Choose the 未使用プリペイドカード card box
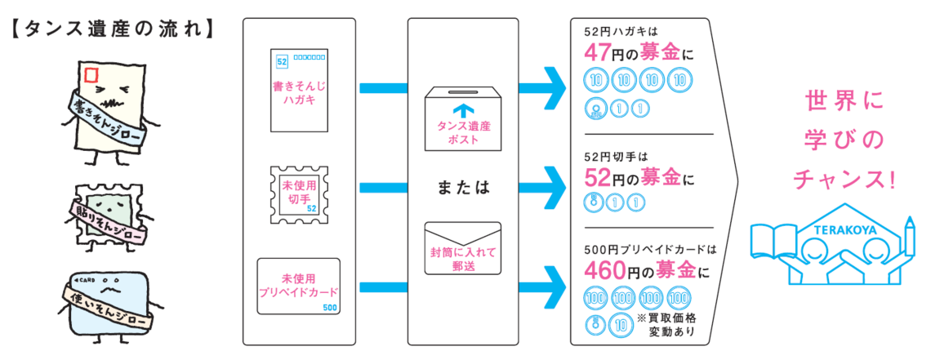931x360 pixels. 298,286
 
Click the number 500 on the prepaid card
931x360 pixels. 329,307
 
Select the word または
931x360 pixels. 462,186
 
